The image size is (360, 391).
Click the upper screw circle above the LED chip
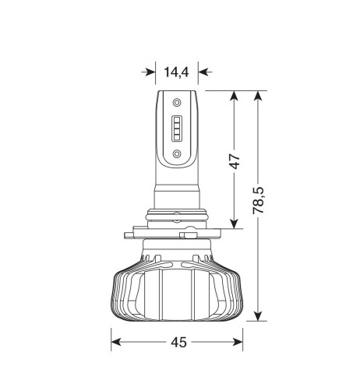click(x=177, y=102)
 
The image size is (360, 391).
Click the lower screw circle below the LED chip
click(x=177, y=153)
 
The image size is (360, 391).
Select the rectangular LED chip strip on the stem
click(x=177, y=128)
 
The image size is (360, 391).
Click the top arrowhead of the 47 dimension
click(x=234, y=96)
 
